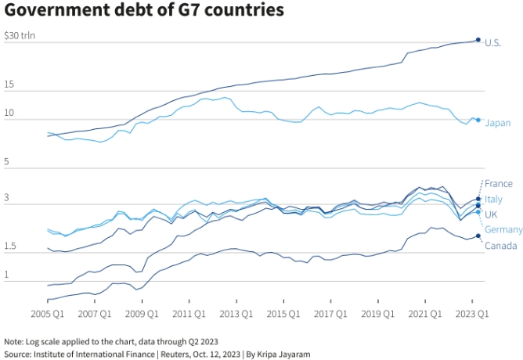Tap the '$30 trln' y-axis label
(20, 35)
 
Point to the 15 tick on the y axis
(9, 84)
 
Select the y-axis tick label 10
(9, 113)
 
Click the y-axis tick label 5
(6, 161)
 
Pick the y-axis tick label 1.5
(9, 247)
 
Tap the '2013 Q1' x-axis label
(236, 314)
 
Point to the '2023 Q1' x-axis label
(472, 314)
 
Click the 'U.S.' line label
(493, 42)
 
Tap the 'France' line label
(499, 184)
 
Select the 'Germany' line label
(503, 229)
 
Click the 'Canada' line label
(500, 246)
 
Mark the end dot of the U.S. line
(478, 40)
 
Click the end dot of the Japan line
(478, 120)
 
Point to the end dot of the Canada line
(478, 236)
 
